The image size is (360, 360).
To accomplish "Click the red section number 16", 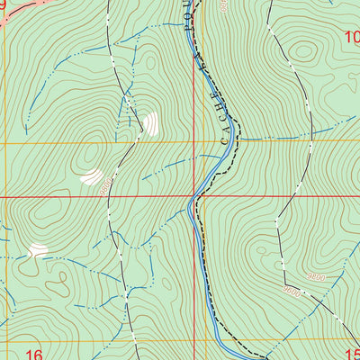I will click(x=34, y=353).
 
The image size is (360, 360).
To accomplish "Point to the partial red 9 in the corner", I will click(x=3, y=4).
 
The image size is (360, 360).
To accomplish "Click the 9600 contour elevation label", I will click(x=291, y=290).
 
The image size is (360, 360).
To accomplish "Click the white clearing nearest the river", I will click(x=149, y=124).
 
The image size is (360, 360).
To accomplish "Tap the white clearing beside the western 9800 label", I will click(x=91, y=177).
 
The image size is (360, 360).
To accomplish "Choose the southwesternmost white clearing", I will click(x=38, y=249).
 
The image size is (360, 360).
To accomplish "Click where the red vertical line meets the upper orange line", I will click(x=193, y=142).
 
